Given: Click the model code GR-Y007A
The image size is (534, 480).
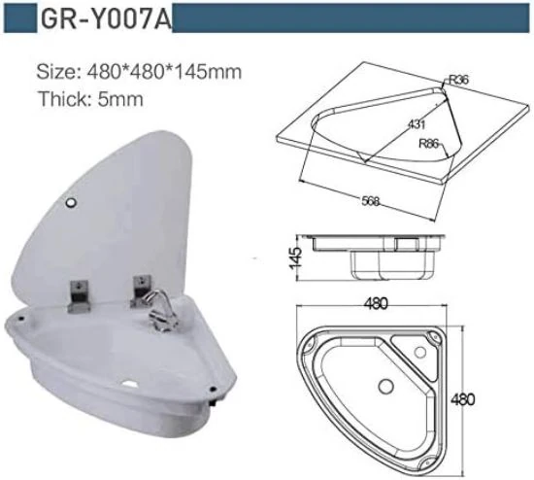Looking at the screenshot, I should [x=104, y=20].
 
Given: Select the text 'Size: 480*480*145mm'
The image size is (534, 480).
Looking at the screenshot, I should [x=139, y=71].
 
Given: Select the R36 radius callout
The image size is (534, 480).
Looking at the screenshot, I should [x=458, y=83].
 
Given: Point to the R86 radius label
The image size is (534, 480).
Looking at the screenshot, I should [x=430, y=145].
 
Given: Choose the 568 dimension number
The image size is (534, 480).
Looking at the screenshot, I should [x=369, y=201].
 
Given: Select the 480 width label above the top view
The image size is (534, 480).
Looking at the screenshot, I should [x=376, y=304].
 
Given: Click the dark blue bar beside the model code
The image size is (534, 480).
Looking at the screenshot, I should [x=350, y=19].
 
